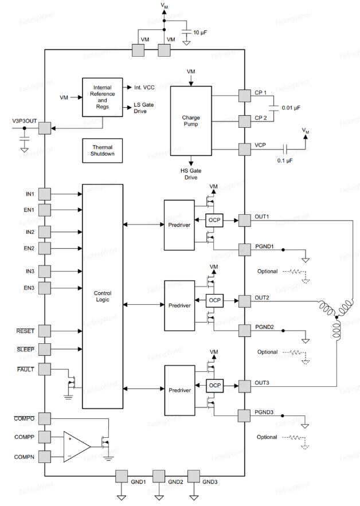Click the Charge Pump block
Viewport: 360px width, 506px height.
point(191,121)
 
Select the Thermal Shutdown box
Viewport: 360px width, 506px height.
point(103,151)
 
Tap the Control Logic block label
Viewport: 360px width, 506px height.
point(103,296)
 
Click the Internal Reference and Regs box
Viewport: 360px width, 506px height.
point(103,97)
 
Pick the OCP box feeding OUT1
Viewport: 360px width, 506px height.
point(214,221)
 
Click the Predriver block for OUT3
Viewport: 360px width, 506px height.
point(179,390)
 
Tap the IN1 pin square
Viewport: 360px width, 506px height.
point(45,194)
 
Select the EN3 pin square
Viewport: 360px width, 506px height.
point(45,288)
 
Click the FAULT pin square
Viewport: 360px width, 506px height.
point(45,369)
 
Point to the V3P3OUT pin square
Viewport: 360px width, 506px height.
point(45,128)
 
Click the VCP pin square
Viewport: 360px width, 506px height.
point(244,150)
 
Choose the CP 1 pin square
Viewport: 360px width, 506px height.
point(244,96)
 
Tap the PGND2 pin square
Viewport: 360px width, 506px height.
point(244,331)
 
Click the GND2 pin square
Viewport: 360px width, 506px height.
point(159,476)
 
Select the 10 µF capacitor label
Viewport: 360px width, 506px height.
point(200,33)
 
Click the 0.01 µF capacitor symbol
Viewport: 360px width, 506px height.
point(273,108)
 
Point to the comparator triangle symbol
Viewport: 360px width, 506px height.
point(77,447)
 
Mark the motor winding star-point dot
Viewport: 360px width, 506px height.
point(336,317)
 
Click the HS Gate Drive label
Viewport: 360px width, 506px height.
point(191,174)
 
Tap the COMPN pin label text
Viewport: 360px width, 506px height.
point(24,457)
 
